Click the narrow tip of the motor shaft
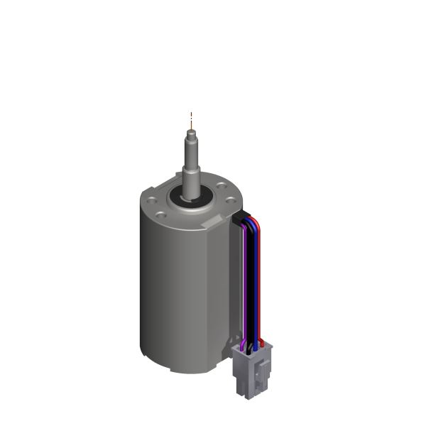pos(190,129)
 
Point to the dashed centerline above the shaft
pos(190,118)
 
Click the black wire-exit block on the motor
pos(239,219)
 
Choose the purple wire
pos(245,284)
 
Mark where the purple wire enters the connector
pos(244,346)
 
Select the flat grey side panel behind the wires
pos(235,284)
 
